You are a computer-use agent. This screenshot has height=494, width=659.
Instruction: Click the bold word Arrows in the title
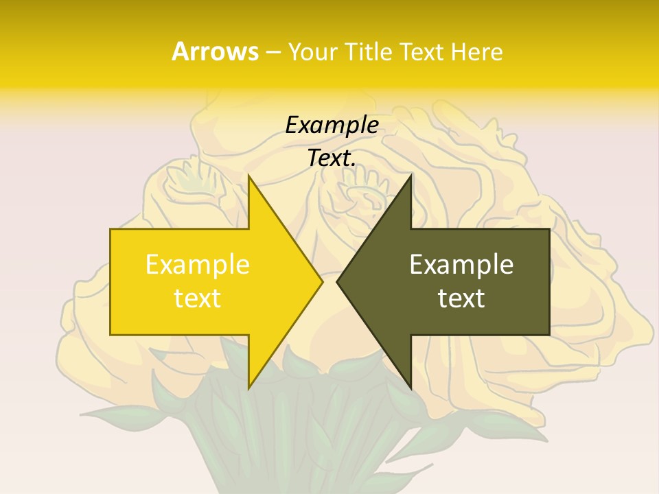(x=215, y=51)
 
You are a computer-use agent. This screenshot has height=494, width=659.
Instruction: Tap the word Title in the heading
(x=369, y=52)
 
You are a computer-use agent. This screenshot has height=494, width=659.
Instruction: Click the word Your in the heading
(x=314, y=52)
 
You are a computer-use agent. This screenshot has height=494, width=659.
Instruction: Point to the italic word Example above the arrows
(x=332, y=125)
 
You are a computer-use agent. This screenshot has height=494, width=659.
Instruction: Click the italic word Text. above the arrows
(x=332, y=158)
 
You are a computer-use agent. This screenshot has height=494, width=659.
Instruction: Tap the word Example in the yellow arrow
(x=197, y=264)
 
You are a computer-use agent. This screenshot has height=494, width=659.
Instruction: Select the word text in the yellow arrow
(x=197, y=298)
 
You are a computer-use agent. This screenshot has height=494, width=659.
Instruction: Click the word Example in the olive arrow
(x=461, y=264)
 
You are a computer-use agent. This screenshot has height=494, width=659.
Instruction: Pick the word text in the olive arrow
(x=461, y=298)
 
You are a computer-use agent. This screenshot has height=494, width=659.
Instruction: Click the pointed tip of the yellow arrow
(x=321, y=281)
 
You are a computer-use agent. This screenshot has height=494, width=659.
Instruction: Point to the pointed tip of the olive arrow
(x=339, y=281)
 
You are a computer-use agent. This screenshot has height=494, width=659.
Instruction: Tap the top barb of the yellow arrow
(x=250, y=181)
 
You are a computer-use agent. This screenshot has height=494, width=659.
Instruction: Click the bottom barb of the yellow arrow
(x=250, y=384)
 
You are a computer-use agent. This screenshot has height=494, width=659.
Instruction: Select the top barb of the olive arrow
(x=409, y=181)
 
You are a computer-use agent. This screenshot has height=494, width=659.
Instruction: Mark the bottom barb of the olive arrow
(x=409, y=384)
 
